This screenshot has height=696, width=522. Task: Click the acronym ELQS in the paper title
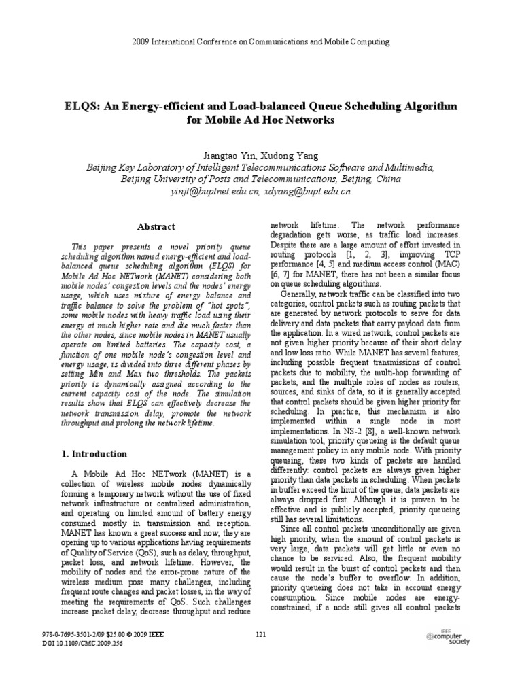click(x=80, y=107)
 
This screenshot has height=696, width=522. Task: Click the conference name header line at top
click(x=261, y=42)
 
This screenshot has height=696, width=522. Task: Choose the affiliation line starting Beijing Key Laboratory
click(x=260, y=167)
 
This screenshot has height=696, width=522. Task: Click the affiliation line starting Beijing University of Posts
click(x=260, y=179)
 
